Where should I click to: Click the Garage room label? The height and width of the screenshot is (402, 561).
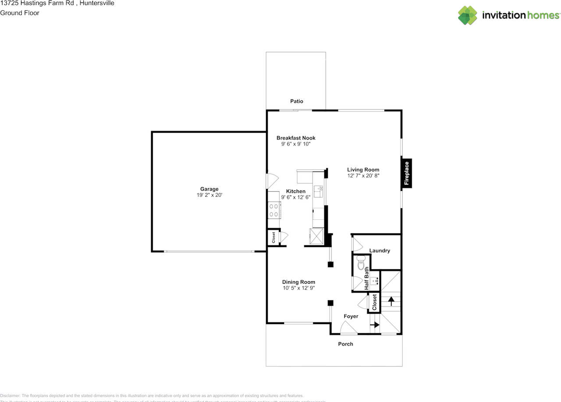[209, 189]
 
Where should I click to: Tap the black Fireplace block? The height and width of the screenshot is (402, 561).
[406, 174]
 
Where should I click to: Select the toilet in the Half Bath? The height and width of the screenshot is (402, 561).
[361, 264]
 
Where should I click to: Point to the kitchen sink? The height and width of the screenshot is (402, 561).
[318, 192]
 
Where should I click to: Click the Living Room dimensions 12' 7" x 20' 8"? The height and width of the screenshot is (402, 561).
[363, 176]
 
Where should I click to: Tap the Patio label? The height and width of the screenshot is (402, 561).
[297, 101]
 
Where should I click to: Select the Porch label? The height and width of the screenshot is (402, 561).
[345, 344]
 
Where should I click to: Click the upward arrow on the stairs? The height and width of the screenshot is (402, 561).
[390, 301]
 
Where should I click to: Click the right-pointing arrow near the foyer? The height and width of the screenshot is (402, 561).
[375, 325]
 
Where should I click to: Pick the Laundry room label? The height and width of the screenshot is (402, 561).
[380, 250]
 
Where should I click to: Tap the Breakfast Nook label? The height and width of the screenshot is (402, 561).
[296, 138]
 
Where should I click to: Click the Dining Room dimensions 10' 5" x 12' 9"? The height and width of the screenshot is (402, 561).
[298, 288]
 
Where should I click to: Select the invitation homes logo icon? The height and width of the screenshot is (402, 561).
[468, 15]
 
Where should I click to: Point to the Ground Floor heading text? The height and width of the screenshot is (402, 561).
[20, 13]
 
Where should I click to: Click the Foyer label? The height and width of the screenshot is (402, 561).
[351, 316]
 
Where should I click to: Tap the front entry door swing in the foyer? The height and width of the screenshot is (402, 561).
[349, 328]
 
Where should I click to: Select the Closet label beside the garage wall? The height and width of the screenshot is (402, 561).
[273, 237]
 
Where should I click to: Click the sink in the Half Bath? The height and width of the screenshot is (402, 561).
[374, 281]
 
